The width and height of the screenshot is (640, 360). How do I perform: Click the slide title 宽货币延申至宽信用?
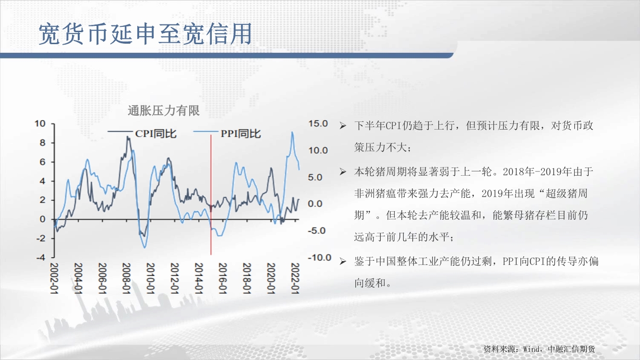[x=145, y=34]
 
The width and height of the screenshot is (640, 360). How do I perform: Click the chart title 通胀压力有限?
[x=163, y=110]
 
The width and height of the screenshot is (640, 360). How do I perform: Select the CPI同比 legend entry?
[x=142, y=133]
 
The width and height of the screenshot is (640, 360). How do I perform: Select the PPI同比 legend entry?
[x=227, y=133]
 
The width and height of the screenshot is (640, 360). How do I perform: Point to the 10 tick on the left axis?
[x=40, y=124]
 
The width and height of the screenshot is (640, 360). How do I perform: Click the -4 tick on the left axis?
[x=41, y=257]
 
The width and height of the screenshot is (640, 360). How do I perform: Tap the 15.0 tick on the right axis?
[x=318, y=124]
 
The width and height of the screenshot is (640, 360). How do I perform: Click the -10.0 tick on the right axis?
[x=319, y=257]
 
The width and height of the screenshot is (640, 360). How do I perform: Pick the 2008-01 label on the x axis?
[x=126, y=278]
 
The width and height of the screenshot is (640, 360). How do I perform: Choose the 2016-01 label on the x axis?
[x=222, y=278]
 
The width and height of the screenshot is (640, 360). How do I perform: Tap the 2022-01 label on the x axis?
[x=295, y=278]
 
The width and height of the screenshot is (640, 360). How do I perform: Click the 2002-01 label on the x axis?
[x=54, y=278]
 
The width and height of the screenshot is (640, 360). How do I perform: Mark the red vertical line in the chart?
[x=211, y=195]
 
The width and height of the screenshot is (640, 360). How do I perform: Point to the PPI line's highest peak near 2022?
[x=292, y=132]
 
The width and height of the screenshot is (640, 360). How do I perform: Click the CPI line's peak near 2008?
[x=128, y=137]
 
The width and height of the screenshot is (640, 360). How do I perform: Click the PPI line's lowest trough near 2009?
[x=145, y=247]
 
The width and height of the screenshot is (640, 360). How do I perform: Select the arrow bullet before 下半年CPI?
[x=343, y=126]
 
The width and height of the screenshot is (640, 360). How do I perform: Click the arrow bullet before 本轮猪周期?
[x=343, y=172]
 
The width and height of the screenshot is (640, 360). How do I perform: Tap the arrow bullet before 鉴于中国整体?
[x=343, y=261]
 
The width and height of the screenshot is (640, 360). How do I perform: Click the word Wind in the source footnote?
[x=531, y=349]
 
